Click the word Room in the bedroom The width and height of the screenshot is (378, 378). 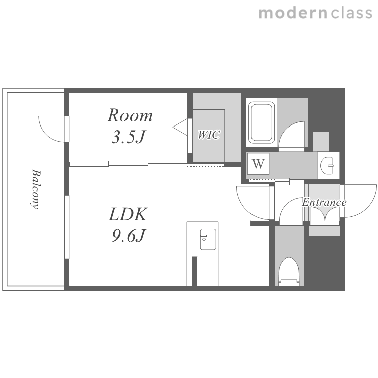130,116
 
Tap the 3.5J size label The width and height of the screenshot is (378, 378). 129,137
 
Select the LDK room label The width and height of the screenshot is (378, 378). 128,214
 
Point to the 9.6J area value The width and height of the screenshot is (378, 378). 129,235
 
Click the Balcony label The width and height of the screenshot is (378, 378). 36,189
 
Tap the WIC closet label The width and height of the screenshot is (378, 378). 209,135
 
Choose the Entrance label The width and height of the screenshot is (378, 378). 324,202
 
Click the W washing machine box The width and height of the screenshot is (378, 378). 258,164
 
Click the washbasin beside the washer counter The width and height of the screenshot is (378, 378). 327,166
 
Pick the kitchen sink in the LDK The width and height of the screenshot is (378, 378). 208,239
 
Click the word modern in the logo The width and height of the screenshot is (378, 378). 293,13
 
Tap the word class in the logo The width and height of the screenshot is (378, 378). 352,13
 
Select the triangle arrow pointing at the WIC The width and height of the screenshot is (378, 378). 180,127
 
